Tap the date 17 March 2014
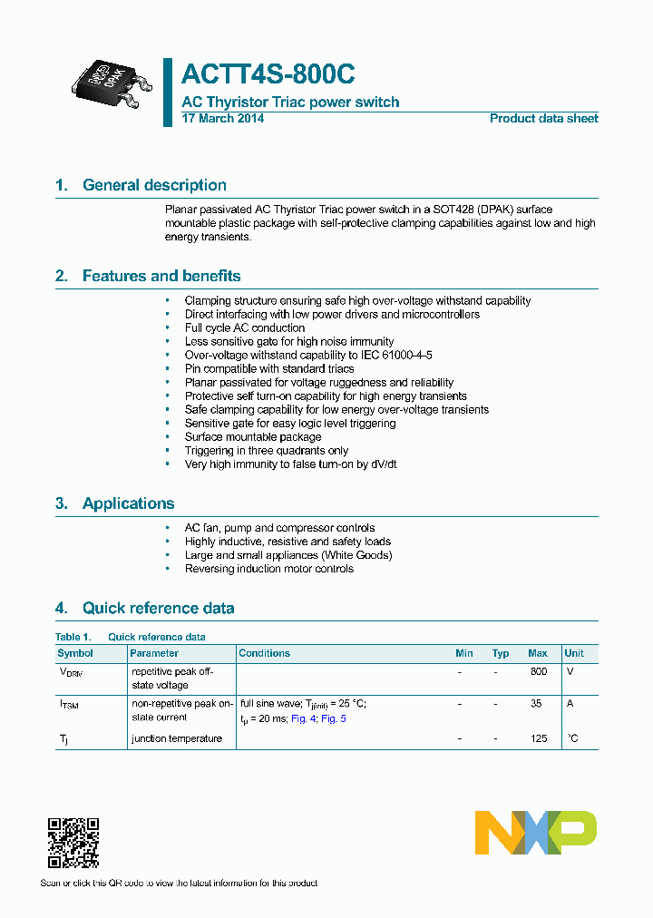coord(223,119)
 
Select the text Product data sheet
coord(543,119)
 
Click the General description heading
coord(154,185)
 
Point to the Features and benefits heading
coord(161,276)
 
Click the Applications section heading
coord(128,503)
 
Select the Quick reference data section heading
coord(158,608)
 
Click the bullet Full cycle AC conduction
coord(245,327)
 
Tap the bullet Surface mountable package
coord(253,436)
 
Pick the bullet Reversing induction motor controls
coord(269,569)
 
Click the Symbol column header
coord(75,653)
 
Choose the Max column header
coord(538,653)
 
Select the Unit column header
coord(574,653)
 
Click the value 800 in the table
coord(539,672)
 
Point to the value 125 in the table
coord(539,739)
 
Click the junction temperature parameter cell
coord(177,739)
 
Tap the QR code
coord(73,843)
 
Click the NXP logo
coord(535,833)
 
